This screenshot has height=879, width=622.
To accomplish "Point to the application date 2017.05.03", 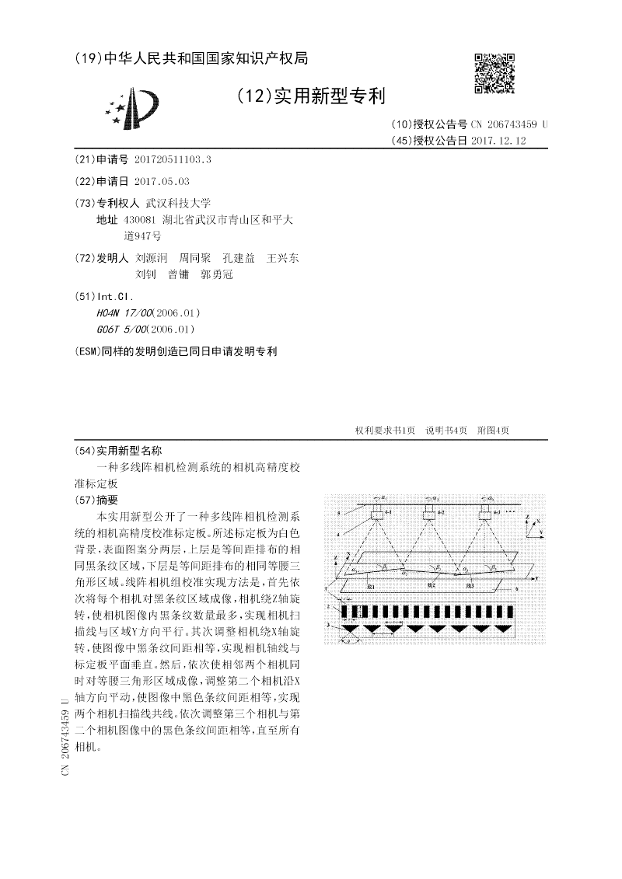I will [x=162, y=180].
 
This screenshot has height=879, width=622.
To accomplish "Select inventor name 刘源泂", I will [x=152, y=257].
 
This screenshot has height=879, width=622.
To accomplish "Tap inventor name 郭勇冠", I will [x=216, y=274].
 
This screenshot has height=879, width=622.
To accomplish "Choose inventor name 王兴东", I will [x=282, y=257].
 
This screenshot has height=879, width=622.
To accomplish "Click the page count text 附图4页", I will [x=493, y=431].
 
